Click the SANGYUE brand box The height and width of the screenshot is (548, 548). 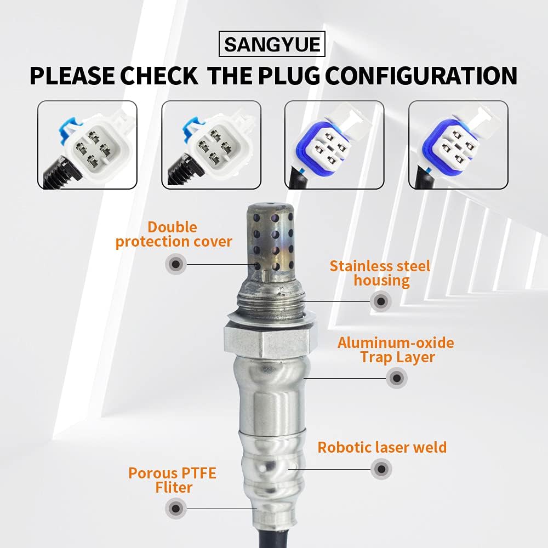pos(272,44)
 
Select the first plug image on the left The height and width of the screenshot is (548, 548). pos(87,145)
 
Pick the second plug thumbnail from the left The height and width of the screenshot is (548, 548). pos(211,145)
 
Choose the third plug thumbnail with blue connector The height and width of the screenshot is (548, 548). pos(334,145)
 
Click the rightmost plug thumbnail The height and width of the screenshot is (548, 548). pos(458,145)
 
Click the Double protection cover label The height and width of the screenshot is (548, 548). pos(174,235)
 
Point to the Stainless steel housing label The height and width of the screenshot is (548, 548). pos(380,273)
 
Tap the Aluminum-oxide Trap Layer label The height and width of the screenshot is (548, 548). pos(396,350)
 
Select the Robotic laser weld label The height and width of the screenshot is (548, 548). pos(382,447)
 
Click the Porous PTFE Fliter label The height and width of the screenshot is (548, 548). pos(172,480)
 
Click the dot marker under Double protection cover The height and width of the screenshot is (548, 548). pos(175,265)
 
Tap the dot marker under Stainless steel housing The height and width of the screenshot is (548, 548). pos(380,301)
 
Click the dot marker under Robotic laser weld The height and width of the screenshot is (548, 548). pos(381,469)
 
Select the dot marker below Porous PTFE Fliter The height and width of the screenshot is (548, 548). pos(175,509)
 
